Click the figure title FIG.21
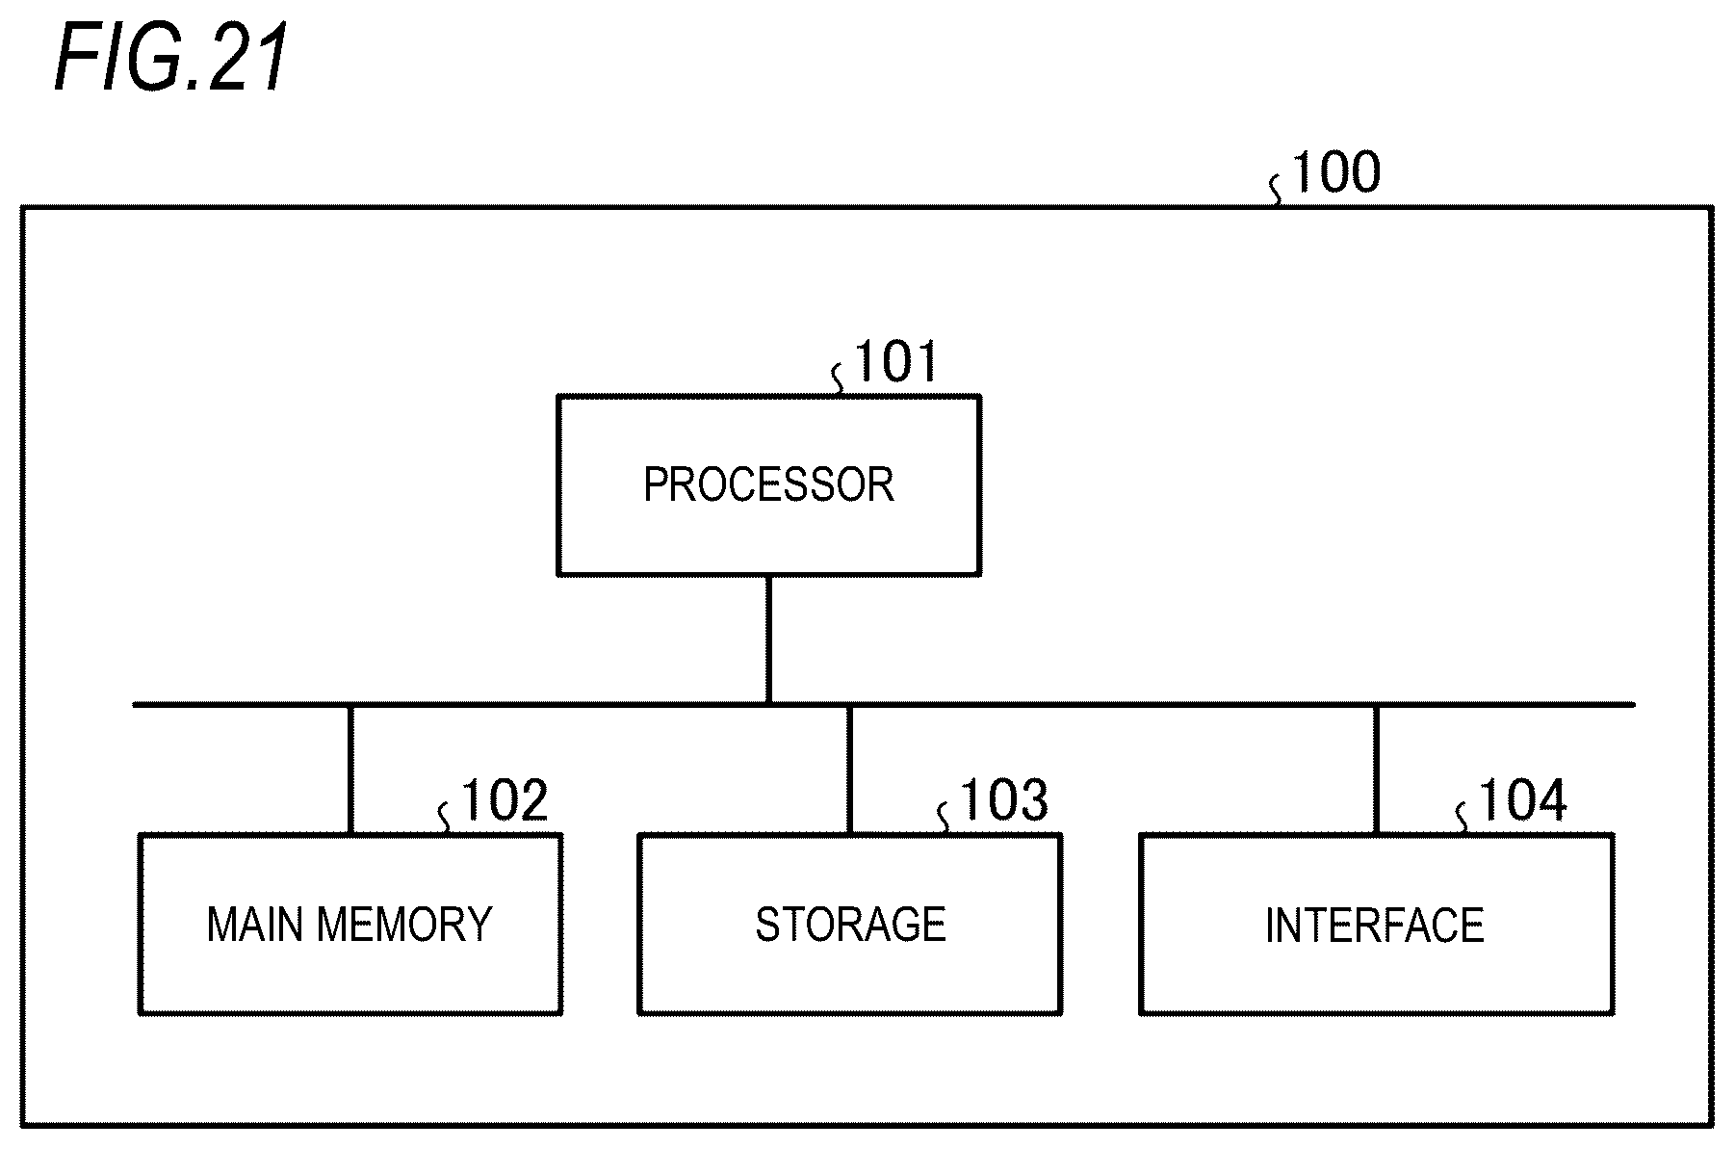(x=171, y=59)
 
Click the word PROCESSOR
(x=768, y=484)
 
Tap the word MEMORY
(x=404, y=925)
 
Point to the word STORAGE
(x=850, y=925)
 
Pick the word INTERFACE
(x=1374, y=926)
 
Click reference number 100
(x=1335, y=172)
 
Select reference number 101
(x=895, y=362)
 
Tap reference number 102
(x=505, y=801)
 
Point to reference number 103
(x=1004, y=801)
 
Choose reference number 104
(x=1522, y=801)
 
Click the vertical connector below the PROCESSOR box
(x=768, y=640)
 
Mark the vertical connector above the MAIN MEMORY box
(x=350, y=770)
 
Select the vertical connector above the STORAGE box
(x=849, y=770)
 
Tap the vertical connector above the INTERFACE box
(x=1376, y=770)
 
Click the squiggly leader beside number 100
(x=1277, y=191)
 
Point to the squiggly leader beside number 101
(x=839, y=379)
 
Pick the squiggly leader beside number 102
(x=445, y=819)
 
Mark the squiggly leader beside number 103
(x=945, y=819)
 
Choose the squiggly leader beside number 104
(x=1463, y=819)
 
